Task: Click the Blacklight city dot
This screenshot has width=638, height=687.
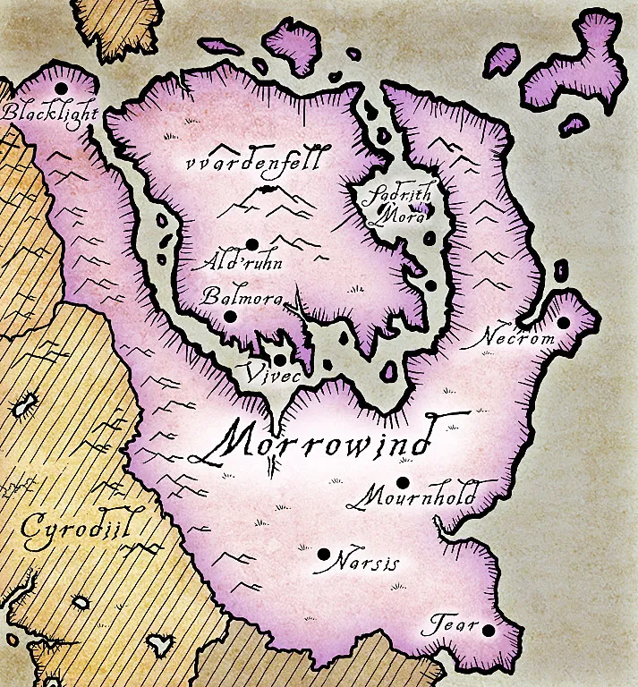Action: point(61,88)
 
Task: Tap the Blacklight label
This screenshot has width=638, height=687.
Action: point(50,113)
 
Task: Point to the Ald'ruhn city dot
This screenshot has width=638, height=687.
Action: point(252,243)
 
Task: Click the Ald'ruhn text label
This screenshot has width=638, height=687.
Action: point(230,263)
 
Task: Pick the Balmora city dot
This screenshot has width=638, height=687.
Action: point(230,316)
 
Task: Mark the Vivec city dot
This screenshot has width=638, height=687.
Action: point(280,360)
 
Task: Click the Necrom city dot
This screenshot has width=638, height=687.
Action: point(564,323)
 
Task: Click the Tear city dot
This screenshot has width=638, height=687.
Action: point(488,630)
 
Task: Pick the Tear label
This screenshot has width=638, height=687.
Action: point(451,624)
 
